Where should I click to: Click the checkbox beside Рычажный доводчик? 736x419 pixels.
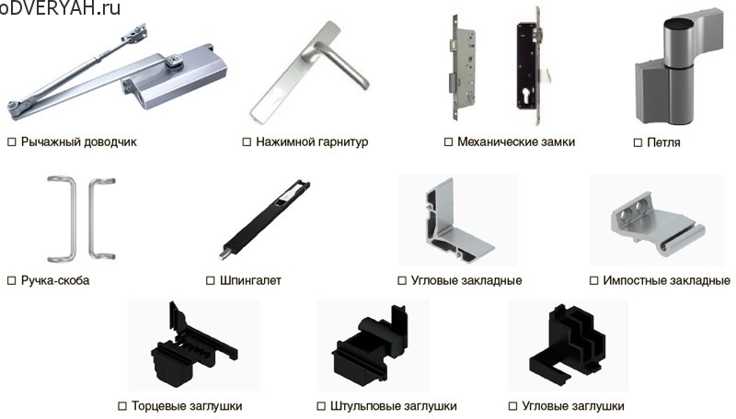(x=12, y=142)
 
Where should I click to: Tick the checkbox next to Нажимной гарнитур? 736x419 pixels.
(x=247, y=142)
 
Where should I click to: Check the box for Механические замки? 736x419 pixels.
(x=448, y=142)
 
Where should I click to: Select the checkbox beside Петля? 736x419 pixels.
(x=638, y=143)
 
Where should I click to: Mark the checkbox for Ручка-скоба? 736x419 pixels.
(x=12, y=280)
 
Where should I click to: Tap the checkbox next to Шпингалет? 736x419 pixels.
(x=211, y=280)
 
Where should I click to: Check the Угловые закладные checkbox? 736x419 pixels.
(x=402, y=280)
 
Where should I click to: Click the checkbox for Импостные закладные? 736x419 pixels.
(x=593, y=280)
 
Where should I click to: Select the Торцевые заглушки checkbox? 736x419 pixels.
(x=122, y=406)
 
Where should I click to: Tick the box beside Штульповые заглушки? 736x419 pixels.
(x=320, y=406)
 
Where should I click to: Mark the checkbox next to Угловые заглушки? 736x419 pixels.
(x=512, y=406)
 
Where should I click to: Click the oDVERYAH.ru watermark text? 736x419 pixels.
(x=60, y=9)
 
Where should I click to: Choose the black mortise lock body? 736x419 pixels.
(x=527, y=74)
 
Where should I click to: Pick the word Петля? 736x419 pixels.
(x=663, y=143)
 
